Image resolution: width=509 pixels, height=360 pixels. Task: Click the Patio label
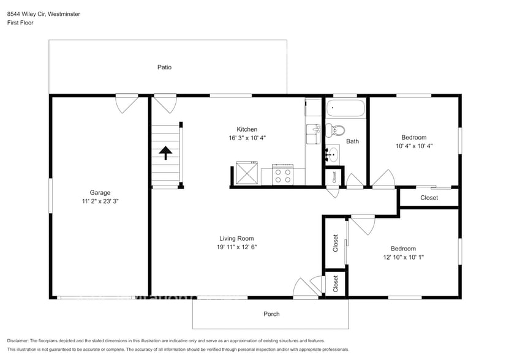[164, 67]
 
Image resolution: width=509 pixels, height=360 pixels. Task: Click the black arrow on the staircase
[165, 152]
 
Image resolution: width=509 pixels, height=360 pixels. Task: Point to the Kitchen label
[247, 129]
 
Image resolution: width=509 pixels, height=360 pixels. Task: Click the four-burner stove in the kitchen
[282, 175]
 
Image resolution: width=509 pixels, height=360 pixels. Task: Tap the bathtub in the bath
[345, 110]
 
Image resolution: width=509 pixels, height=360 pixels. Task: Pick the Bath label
[352, 141]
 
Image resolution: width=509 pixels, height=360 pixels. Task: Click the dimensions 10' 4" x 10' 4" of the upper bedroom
[413, 146]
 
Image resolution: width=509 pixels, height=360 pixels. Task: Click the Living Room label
[236, 238]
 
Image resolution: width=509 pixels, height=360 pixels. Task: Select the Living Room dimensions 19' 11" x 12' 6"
[236, 247]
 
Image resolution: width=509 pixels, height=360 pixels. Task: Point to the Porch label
[271, 314]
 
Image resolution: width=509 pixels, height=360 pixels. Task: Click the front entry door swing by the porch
[304, 288]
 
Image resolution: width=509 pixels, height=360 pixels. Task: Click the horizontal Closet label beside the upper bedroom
[429, 198]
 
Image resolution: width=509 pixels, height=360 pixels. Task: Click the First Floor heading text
[21, 23]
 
